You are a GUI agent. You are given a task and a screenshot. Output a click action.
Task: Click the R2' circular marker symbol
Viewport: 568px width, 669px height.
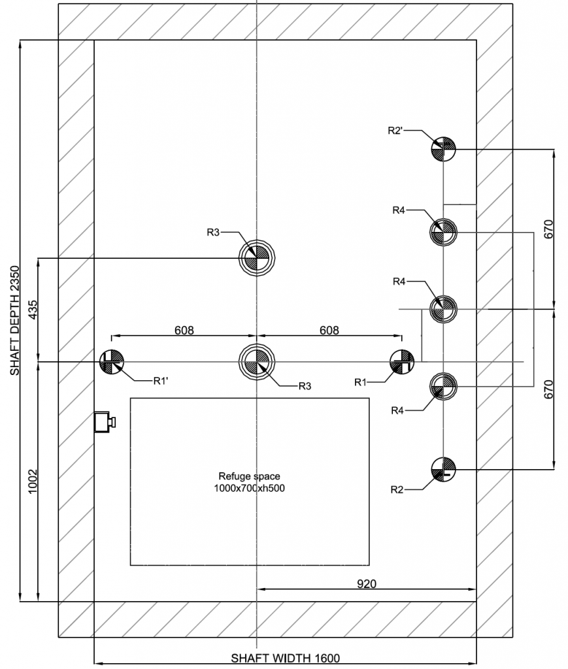(443, 150)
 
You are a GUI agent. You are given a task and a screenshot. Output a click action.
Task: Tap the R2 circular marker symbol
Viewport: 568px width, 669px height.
(443, 468)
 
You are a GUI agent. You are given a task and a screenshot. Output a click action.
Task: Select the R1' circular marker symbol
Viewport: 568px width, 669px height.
(112, 361)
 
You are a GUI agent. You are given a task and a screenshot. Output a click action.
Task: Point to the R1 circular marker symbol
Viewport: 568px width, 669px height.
(401, 361)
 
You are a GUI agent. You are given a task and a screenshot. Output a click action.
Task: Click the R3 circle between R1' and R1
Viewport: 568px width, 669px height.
(257, 361)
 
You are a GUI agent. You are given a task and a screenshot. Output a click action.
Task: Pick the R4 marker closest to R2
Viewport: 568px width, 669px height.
(443, 386)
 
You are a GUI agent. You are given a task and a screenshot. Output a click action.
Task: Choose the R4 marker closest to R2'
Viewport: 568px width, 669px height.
(443, 231)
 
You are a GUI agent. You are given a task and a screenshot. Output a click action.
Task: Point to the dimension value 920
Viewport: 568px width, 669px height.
(367, 583)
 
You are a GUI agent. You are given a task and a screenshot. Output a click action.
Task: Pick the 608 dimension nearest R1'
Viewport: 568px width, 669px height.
(184, 331)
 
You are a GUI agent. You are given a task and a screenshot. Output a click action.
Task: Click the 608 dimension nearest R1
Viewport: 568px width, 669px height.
(329, 331)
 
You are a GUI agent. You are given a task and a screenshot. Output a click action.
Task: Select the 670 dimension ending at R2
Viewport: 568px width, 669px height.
(548, 389)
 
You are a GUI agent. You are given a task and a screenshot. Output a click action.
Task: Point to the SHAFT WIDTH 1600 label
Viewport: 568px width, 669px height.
(286, 659)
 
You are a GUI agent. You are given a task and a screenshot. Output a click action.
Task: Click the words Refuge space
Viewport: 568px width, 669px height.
(249, 476)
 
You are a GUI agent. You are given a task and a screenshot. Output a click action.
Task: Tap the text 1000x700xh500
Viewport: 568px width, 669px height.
(249, 488)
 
